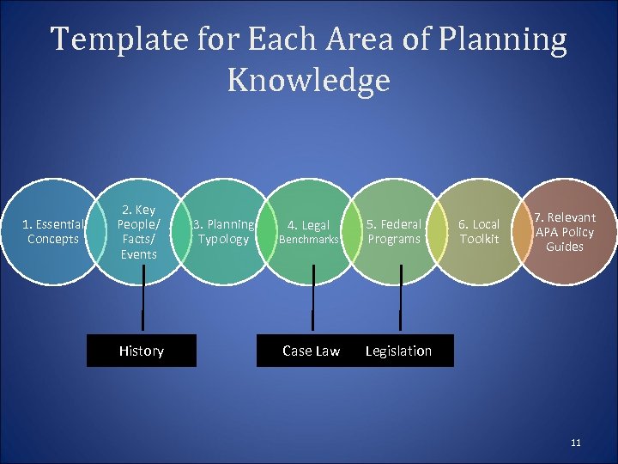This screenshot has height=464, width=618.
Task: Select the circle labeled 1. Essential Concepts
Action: [x=53, y=232]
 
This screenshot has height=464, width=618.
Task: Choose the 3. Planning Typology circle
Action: [x=222, y=232]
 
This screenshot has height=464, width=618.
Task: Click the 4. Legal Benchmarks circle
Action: [x=309, y=232]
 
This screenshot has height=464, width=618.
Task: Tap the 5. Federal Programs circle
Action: [x=394, y=232]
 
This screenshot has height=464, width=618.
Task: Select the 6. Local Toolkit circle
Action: [x=478, y=232]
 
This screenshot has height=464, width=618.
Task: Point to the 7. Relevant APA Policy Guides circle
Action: [x=564, y=232]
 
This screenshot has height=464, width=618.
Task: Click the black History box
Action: [x=142, y=351]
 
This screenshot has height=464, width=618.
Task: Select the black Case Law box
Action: [x=311, y=351]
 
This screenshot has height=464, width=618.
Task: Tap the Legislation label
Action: [x=398, y=351]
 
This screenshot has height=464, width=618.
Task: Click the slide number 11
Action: [x=575, y=443]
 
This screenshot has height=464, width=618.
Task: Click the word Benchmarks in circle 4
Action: [x=309, y=240]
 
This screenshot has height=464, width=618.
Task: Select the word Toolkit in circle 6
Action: [x=479, y=239]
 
